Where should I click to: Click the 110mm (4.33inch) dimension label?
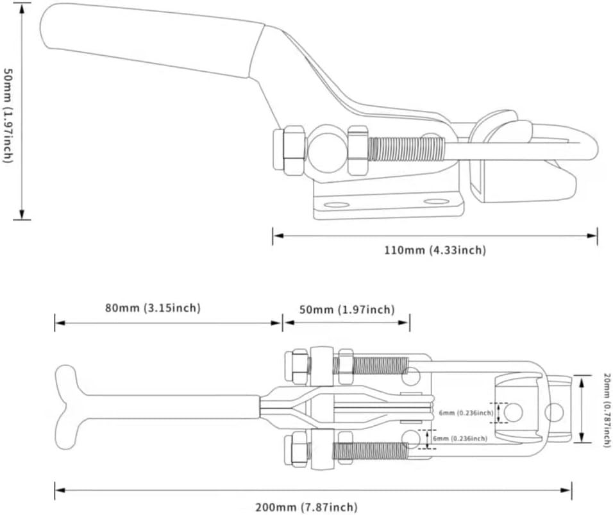[x=435, y=250]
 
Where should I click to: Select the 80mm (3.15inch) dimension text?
[x=153, y=308]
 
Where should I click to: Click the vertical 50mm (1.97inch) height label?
[x=8, y=115]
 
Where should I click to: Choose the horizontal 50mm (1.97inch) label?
[x=347, y=310]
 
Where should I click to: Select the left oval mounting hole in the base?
[x=336, y=205]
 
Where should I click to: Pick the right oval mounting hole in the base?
[x=437, y=201]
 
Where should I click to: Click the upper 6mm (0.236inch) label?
[x=467, y=414]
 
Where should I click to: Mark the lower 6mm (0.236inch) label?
[x=460, y=438]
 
